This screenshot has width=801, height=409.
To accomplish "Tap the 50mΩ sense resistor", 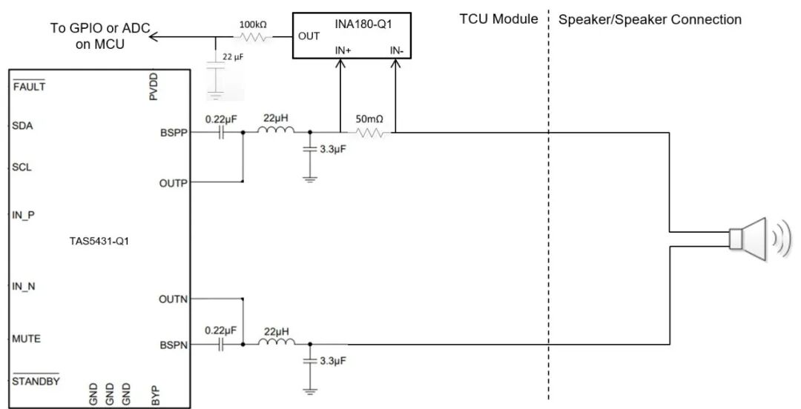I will (368, 133).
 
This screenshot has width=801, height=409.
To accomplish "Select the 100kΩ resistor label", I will (253, 24).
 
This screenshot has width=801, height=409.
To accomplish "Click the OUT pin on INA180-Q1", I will (309, 36).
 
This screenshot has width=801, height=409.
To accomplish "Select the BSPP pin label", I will (174, 133).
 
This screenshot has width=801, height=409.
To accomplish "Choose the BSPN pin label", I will (174, 345).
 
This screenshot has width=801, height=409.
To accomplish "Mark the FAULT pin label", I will (29, 87).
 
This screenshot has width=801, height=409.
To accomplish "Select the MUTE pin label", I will (26, 339).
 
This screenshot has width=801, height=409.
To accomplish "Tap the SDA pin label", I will (22, 125).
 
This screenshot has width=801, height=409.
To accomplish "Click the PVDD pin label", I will (154, 87).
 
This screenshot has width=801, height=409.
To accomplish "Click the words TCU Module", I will (498, 19).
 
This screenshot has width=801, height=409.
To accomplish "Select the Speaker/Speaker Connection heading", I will (649, 19).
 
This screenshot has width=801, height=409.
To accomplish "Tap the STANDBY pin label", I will (36, 382).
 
